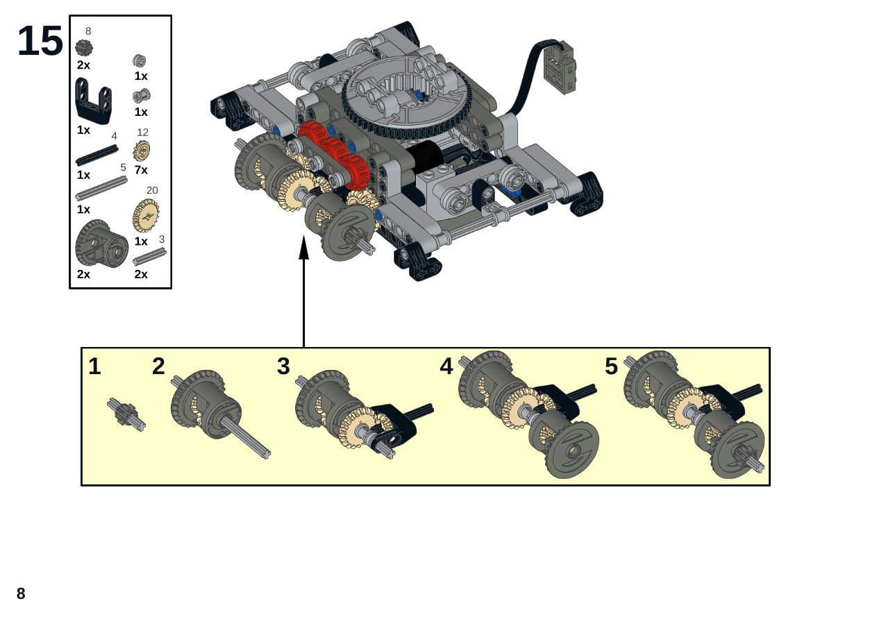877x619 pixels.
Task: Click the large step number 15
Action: tap(40, 41)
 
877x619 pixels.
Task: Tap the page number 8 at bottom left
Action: tap(21, 593)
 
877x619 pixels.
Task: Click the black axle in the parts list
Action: tap(97, 155)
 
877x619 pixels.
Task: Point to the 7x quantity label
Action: tap(141, 170)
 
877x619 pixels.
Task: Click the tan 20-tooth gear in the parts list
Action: tap(146, 216)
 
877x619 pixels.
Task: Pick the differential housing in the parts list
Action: tap(101, 244)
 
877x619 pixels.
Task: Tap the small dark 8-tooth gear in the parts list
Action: tap(84, 48)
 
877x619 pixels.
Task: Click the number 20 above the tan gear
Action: tap(152, 190)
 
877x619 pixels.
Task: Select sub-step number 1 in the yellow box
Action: tap(94, 366)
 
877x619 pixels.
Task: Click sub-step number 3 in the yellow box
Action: tap(283, 366)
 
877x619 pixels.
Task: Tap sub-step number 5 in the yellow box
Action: tap(611, 366)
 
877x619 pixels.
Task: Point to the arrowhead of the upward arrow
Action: tap(304, 247)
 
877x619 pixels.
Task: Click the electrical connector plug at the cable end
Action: tap(560, 67)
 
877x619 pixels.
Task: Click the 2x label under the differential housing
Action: tap(83, 274)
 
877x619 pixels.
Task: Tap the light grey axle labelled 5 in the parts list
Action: tap(101, 188)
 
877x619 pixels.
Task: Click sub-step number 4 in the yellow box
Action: tap(446, 366)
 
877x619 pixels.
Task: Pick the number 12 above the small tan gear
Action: tap(142, 133)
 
